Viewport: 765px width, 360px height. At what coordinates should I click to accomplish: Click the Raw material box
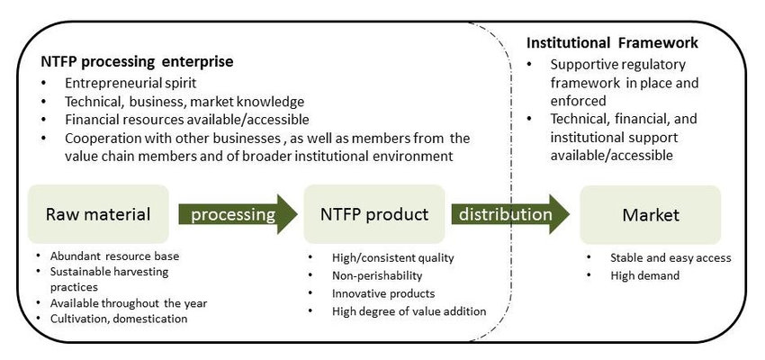tap(98, 214)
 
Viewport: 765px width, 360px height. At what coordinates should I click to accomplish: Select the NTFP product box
tap(374, 214)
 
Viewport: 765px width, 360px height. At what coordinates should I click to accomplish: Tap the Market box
tap(650, 214)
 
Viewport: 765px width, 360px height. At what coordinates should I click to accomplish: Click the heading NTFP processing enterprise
tap(137, 63)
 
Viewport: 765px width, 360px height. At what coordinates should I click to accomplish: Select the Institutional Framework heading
tap(612, 42)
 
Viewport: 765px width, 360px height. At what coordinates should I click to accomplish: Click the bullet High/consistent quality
tap(393, 257)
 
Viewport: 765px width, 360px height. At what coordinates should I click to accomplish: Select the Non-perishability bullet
tap(377, 275)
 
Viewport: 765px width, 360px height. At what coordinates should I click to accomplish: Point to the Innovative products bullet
tap(383, 293)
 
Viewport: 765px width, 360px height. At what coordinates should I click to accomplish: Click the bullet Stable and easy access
tap(670, 257)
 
